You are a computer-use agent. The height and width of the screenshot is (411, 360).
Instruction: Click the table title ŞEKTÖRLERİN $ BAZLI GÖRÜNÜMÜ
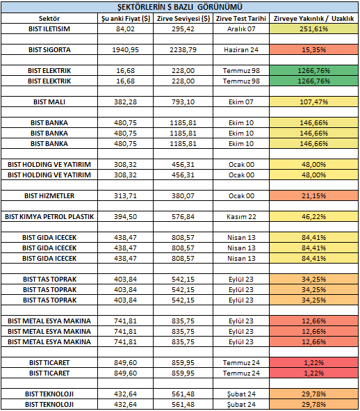pos(180,7)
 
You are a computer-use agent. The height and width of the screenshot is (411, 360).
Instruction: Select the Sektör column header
pos(49,18)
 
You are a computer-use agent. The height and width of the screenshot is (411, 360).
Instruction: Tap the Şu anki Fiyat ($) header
pos(126,18)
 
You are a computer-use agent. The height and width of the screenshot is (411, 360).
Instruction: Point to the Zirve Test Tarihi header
pos(241,18)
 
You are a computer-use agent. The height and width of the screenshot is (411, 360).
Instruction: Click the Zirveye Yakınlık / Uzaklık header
pos(313,18)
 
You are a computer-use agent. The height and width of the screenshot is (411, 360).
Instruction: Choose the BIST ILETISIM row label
pos(49,29)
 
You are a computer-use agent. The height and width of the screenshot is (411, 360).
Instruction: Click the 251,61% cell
pos(313,29)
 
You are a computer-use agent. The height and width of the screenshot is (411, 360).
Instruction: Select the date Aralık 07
pos(241,29)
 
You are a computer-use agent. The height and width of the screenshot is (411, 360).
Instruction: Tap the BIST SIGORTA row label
pos(49,50)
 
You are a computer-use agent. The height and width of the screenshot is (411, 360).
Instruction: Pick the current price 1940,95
pos(126,50)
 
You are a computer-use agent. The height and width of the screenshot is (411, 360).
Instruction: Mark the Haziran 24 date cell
pos(241,50)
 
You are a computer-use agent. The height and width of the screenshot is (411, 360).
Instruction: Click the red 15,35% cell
pos(313,50)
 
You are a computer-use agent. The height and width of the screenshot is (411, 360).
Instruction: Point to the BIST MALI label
pos(49,102)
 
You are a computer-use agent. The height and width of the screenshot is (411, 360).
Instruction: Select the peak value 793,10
pos(183,102)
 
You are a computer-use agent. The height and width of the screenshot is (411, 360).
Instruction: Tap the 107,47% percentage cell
pos(313,102)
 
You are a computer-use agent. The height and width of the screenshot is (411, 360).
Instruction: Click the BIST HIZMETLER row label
pos(49,196)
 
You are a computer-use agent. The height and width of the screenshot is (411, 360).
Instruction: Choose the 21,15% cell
pos(313,196)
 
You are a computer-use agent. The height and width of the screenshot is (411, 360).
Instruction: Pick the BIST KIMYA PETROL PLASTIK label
pos(49,217)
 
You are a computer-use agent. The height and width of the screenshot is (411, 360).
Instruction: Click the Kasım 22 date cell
pos(241,217)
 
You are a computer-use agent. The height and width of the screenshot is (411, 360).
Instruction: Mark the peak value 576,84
pos(183,217)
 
